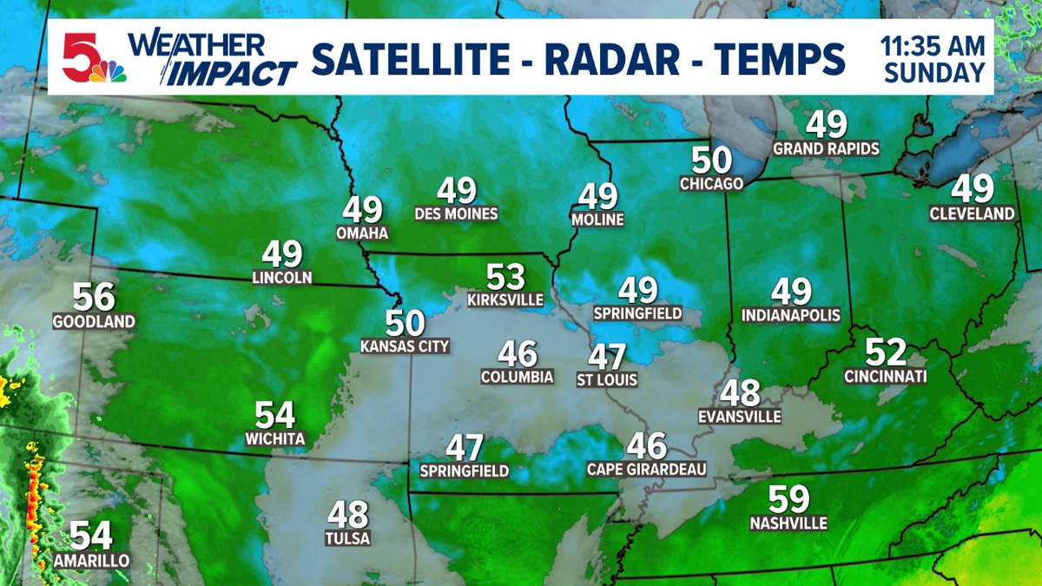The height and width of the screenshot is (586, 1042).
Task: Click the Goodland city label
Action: point(94,321)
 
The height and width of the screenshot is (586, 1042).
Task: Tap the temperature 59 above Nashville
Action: point(789,499)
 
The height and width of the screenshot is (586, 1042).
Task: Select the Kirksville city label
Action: point(505,300)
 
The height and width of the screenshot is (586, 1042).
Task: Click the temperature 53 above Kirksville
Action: point(505,277)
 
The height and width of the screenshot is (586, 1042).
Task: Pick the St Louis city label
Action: point(607,379)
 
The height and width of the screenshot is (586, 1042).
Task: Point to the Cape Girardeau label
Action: point(647,469)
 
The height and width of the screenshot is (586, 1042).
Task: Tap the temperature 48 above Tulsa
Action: point(348,515)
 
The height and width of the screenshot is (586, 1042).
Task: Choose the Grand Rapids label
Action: point(826,148)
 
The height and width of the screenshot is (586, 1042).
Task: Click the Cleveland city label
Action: point(972,213)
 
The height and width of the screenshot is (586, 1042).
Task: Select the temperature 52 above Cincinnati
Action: point(886,352)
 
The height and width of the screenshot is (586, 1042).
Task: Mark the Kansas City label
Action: point(405,346)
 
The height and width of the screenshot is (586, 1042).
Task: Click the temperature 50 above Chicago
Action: point(712,160)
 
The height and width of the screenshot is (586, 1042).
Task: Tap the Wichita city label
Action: point(274,439)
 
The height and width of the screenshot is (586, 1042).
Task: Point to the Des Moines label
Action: point(457,214)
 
